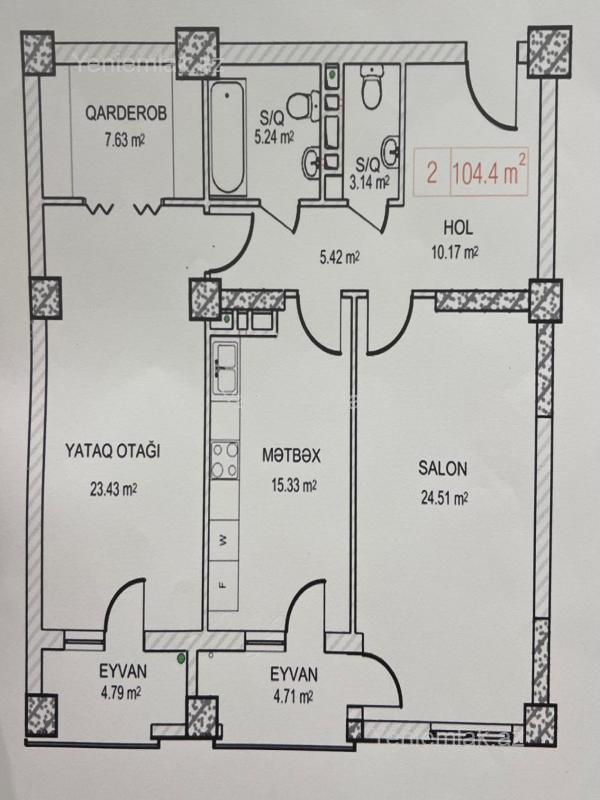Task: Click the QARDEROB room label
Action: coord(126,113)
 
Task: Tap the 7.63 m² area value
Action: coord(125,140)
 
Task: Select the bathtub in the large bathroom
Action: coord(226,139)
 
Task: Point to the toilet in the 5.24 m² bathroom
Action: coord(303,105)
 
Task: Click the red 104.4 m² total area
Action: coord(489,172)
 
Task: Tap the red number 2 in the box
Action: coord(432,173)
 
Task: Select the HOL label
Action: coord(458,228)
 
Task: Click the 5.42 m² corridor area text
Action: coord(340,258)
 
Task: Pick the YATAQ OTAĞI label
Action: coord(113,451)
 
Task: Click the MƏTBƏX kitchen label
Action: coord(291,456)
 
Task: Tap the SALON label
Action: coord(442,468)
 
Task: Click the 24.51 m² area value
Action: coord(444,497)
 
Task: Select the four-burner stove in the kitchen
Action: coord(225,460)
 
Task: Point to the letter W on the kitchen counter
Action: coord(223,541)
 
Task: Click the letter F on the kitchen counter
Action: coord(223,584)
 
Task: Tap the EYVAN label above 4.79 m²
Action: coord(122,671)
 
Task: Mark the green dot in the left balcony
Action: coord(181,659)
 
